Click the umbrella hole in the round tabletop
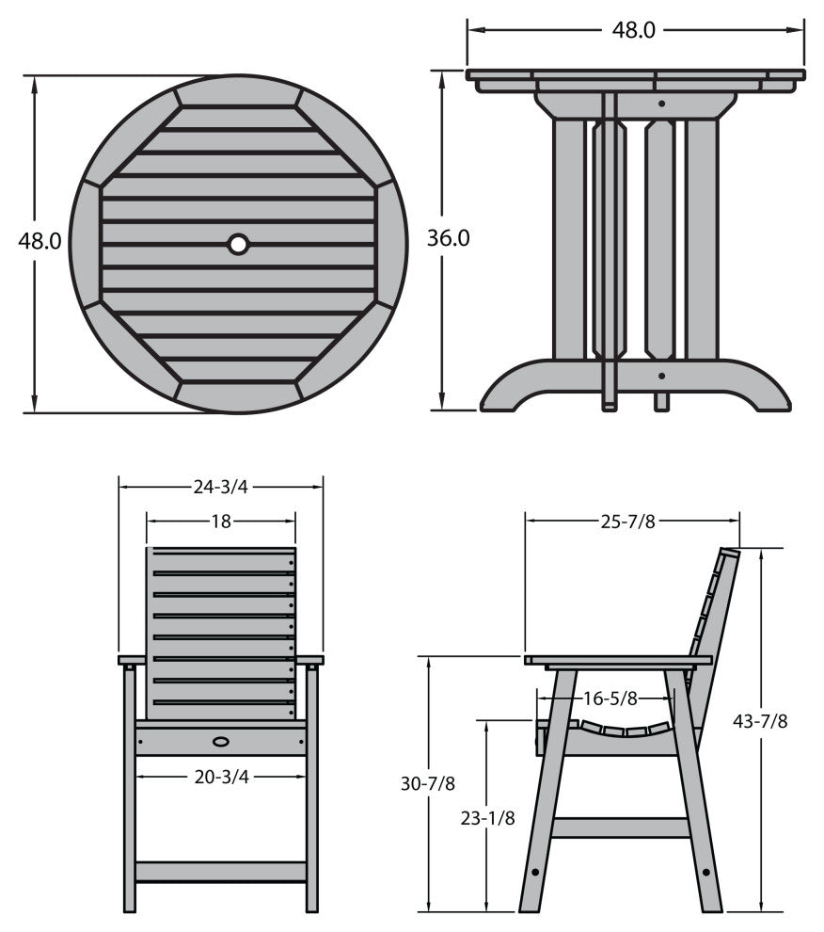click(238, 244)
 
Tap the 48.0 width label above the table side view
click(633, 30)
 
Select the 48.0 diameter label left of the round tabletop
click(40, 241)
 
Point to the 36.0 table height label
click(448, 238)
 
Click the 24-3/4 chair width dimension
click(220, 487)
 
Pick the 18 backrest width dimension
click(221, 522)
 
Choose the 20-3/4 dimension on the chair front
click(222, 777)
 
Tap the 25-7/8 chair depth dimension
click(628, 522)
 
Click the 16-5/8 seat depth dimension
click(610, 699)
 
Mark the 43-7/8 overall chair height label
click(760, 721)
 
